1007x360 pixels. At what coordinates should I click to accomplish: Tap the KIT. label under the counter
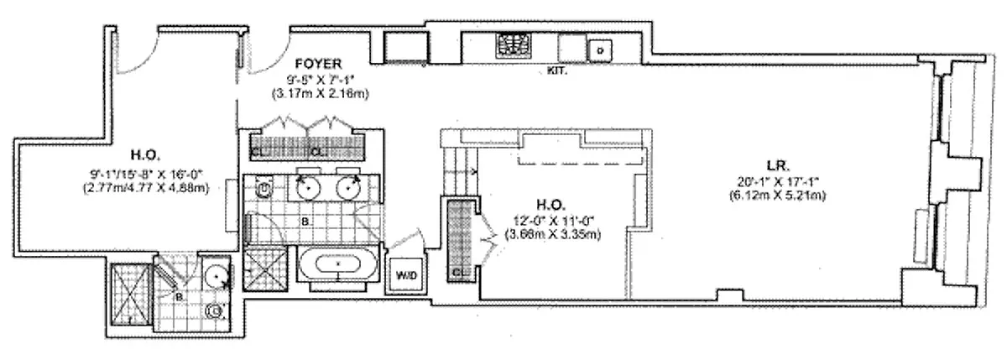coord(556,70)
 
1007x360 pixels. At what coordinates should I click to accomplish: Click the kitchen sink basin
coord(600,49)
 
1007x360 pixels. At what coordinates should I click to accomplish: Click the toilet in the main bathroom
coord(261,190)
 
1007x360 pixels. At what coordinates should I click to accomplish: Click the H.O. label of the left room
coord(140,154)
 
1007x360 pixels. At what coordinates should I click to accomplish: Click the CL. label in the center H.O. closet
coord(457,272)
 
